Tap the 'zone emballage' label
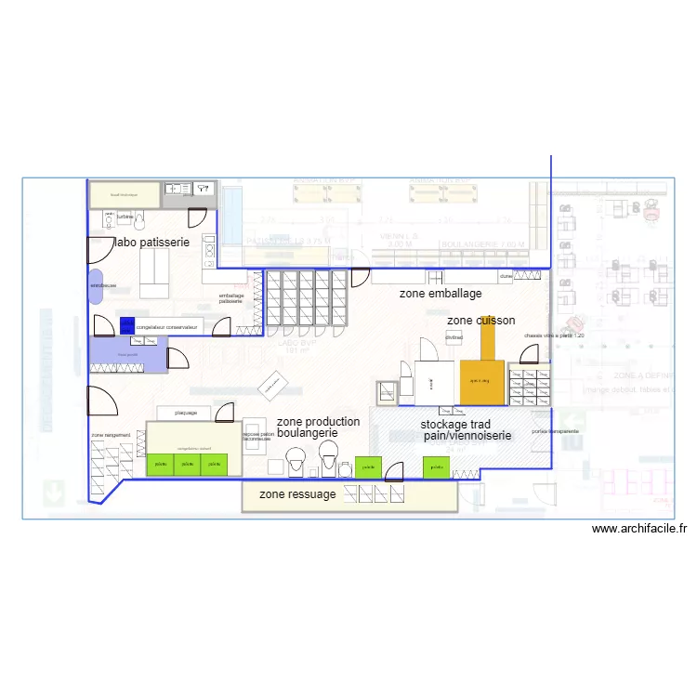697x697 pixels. click(x=441, y=294)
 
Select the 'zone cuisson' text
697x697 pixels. click(x=480, y=321)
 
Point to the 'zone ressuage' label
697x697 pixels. click(x=297, y=494)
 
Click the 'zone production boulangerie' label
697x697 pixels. click(x=318, y=427)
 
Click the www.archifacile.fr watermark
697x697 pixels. click(x=639, y=529)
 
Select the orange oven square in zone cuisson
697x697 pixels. click(x=481, y=381)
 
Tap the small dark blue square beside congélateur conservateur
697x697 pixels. click(x=126, y=326)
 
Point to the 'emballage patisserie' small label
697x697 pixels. click(x=230, y=298)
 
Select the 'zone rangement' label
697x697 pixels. click(x=110, y=435)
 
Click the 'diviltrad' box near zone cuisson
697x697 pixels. click(x=454, y=337)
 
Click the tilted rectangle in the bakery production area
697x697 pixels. click(x=273, y=384)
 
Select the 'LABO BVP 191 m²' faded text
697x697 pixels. click(x=297, y=347)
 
